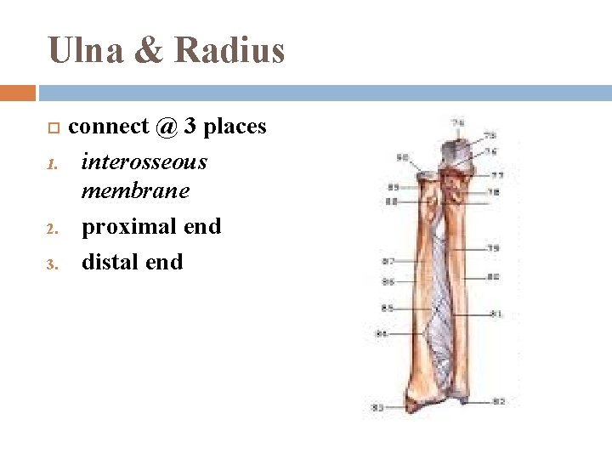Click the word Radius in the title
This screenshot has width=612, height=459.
tap(229, 50)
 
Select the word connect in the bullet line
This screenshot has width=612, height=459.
tap(108, 127)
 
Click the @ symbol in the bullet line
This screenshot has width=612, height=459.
tap(167, 127)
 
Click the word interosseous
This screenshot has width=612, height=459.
tap(144, 161)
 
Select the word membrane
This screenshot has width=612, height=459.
tap(135, 191)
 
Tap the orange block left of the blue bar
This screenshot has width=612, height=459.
tap(18, 93)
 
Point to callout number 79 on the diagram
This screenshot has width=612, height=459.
tap(494, 248)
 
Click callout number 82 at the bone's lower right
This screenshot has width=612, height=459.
tap(499, 400)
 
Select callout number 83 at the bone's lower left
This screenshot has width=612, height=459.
tap(377, 407)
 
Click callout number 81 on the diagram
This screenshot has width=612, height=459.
tap(496, 314)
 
